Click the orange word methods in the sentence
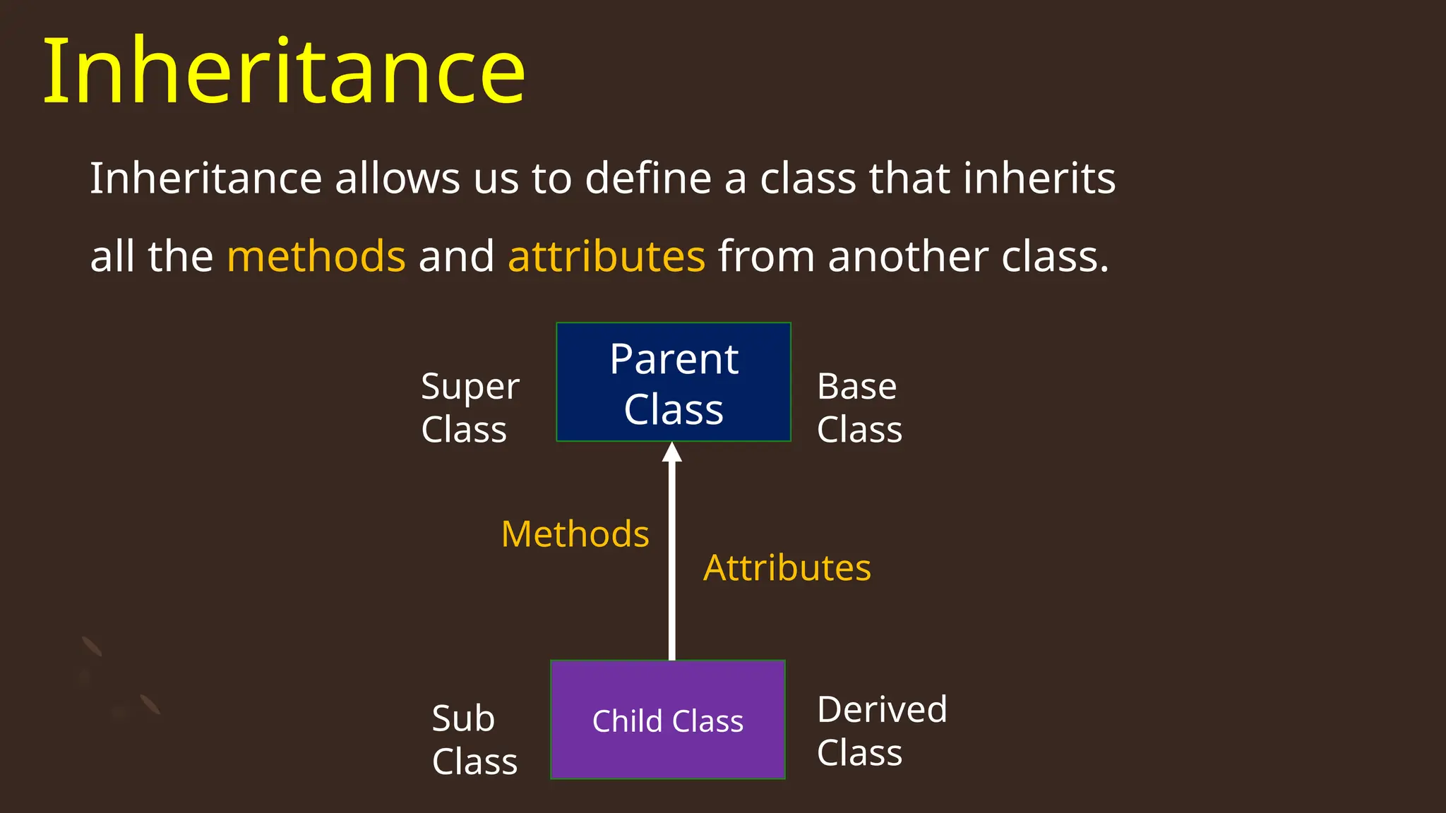pyautogui.click(x=316, y=256)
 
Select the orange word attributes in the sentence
pyautogui.click(x=607, y=256)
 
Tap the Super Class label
pyautogui.click(x=470, y=408)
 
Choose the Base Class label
pyautogui.click(x=859, y=408)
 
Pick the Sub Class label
pyautogui.click(x=474, y=740)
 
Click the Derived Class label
pyautogui.click(x=881, y=730)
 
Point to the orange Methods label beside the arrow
pyautogui.click(x=575, y=534)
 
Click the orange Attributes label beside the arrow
pyautogui.click(x=787, y=568)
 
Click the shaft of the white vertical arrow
pyautogui.click(x=672, y=565)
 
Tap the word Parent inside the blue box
pyautogui.click(x=674, y=360)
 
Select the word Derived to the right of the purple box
pyautogui.click(x=881, y=709)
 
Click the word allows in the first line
pyautogui.click(x=398, y=178)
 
